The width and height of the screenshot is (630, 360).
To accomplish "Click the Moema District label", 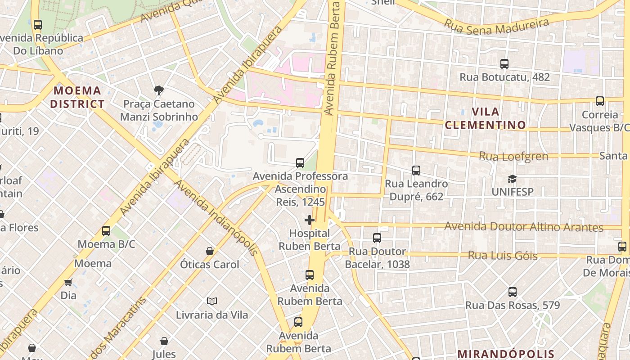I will click(77, 97).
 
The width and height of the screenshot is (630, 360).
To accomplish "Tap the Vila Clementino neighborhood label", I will click(486, 118).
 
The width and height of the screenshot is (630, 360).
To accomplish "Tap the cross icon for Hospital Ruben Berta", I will click(310, 220).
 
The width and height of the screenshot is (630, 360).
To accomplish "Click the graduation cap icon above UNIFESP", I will click(512, 179).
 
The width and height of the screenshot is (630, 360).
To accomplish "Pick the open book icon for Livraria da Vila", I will click(211, 301).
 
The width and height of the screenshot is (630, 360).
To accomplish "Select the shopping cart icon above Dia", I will click(68, 283).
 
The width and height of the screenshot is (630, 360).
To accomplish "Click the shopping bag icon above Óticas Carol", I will click(209, 251).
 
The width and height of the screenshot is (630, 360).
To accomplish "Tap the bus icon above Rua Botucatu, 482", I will click(504, 64).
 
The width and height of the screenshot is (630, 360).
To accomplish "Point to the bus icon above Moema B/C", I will click(106, 231).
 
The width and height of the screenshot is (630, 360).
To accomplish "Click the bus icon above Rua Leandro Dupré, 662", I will click(416, 171).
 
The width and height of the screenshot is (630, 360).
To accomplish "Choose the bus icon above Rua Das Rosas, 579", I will click(512, 292).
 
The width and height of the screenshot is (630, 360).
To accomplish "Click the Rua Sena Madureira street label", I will click(497, 26).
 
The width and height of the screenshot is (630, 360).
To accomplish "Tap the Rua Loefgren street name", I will click(513, 156).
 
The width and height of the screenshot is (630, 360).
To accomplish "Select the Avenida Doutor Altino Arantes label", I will click(524, 226).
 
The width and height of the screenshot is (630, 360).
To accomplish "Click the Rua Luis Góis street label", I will click(503, 256).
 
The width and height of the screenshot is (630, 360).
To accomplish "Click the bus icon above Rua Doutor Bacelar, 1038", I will click(377, 238).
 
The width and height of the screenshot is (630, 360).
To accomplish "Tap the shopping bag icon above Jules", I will click(164, 341).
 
